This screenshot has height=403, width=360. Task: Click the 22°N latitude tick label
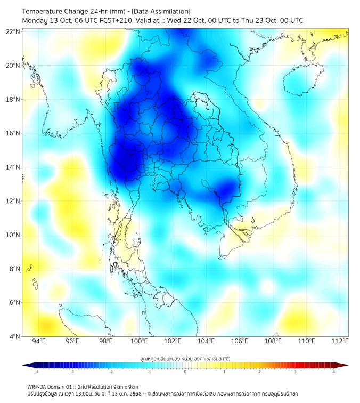tap(13, 31)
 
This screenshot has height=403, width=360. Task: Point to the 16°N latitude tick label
tap(13, 133)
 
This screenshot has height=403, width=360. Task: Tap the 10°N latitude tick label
tap(13, 235)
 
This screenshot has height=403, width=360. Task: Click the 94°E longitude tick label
tap(39, 341)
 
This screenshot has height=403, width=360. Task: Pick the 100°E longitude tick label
tap(140, 341)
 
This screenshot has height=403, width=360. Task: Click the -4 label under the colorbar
tap(36, 372)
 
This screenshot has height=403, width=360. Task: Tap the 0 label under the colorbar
tap(185, 372)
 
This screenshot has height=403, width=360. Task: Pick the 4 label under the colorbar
tap(334, 372)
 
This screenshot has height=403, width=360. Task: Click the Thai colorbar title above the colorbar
tap(185, 358)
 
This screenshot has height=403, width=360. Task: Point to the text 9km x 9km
tap(126, 386)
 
